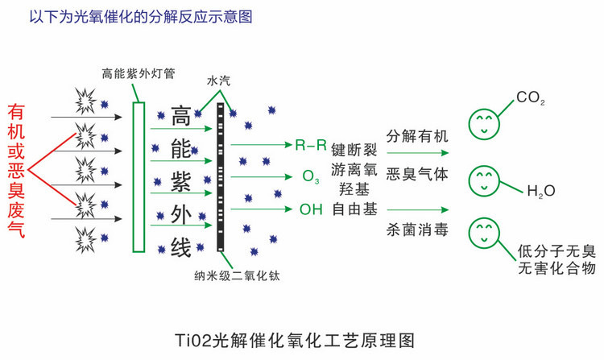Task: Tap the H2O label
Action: pyautogui.click(x=541, y=192)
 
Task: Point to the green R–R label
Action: pyautogui.click(x=311, y=146)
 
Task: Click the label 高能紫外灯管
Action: pyautogui.click(x=134, y=73)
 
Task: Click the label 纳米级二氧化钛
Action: pyautogui.click(x=231, y=276)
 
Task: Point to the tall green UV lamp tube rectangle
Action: pyautogui.click(x=139, y=173)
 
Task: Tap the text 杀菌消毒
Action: pyautogui.click(x=417, y=230)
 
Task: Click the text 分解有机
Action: pyautogui.click(x=417, y=134)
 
